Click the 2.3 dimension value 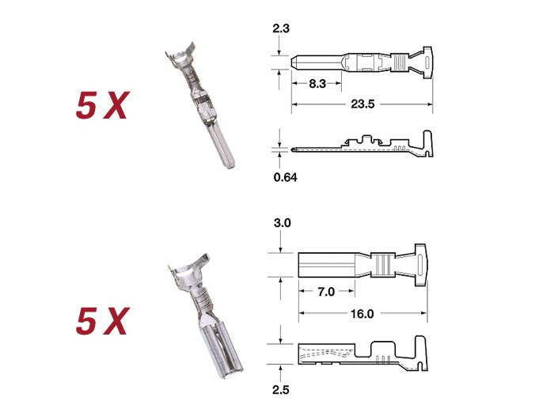pos(281,28)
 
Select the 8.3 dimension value pos(317,84)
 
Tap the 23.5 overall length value pos(362,104)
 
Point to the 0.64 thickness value pos(286,177)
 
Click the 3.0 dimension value pos(283,223)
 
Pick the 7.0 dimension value pos(326,292)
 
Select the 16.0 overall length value pos(362,314)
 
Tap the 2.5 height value pos(281,390)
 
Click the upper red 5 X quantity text pos(102,105)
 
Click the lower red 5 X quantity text pos(102,320)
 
